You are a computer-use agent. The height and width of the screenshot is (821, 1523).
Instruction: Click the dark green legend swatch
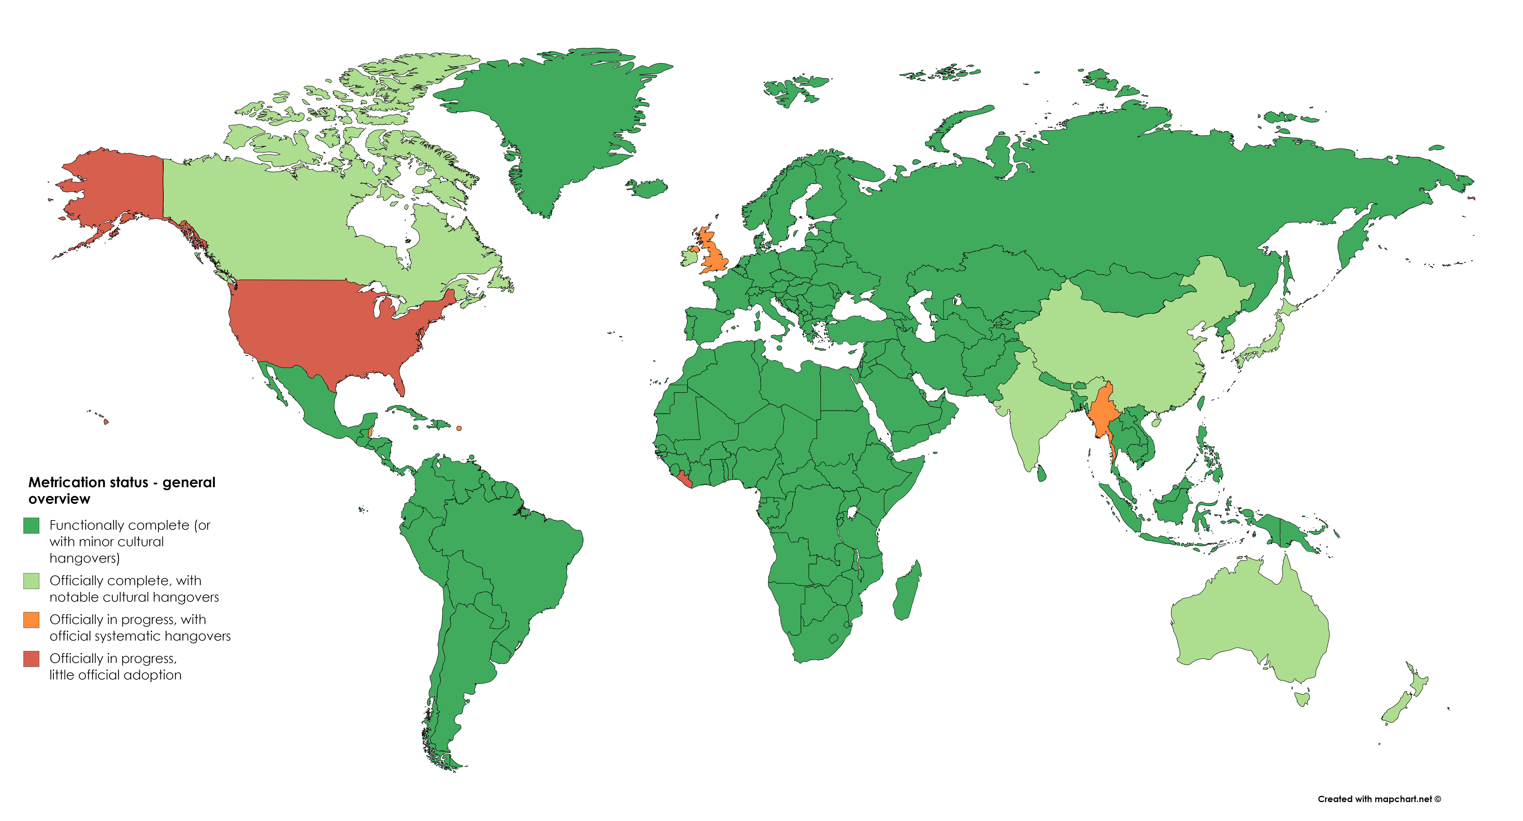31,525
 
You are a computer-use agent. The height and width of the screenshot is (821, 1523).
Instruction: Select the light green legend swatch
31,581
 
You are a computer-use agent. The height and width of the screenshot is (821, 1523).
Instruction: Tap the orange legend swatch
31,620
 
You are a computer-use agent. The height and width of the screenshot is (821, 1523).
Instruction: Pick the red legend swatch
31,659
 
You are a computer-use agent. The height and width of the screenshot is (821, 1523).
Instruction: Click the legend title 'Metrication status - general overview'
122,490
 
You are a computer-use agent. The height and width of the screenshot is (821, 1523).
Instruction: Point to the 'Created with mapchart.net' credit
1379,799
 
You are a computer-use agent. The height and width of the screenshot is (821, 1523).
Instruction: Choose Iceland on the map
647,188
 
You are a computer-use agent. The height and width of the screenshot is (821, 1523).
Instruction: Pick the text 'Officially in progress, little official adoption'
115,667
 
